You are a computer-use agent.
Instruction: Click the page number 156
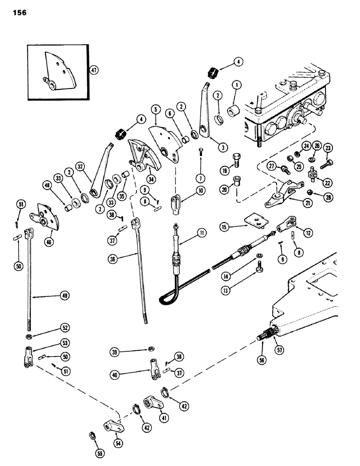pos(16,13)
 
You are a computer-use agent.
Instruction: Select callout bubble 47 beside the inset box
pos(95,70)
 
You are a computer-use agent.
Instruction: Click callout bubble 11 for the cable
pos(201,230)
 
